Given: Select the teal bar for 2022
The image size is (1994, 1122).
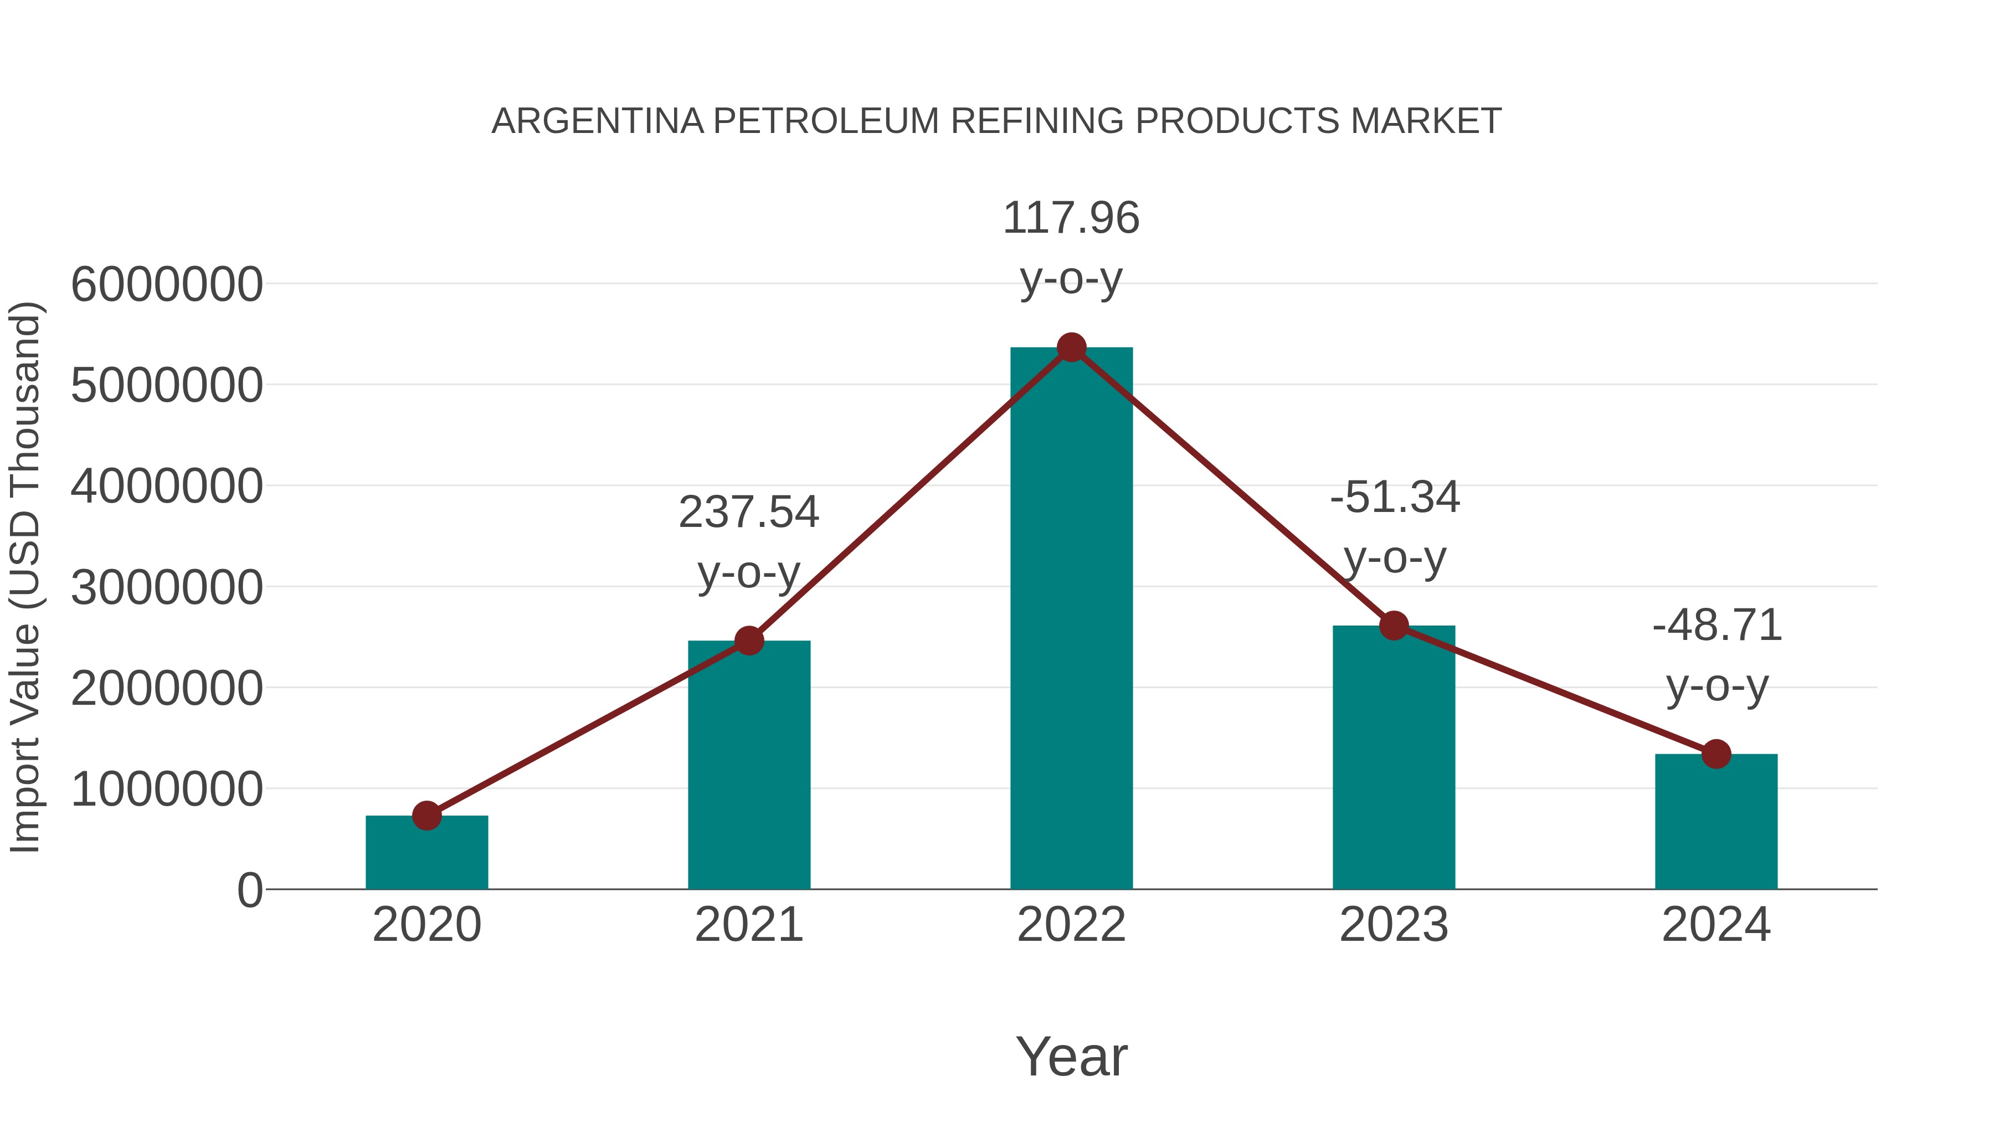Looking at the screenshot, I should click(x=1071, y=619).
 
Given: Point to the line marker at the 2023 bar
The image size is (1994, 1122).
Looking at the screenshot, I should click(x=1394, y=625).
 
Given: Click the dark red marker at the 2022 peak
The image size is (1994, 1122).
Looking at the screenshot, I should click(x=1071, y=347).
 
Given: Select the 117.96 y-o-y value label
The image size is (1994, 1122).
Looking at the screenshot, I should click(x=1071, y=218).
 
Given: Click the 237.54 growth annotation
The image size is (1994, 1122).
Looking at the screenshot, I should click(x=748, y=512).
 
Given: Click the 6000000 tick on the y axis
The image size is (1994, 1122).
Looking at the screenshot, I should click(x=166, y=284).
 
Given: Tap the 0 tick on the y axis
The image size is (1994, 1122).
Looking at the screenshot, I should click(x=250, y=890).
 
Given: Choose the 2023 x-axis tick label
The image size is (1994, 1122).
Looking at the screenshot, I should click(x=1394, y=925).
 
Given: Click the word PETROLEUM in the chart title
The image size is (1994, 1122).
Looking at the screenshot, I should click(x=825, y=121).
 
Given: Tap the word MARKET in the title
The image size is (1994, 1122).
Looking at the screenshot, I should click(x=1426, y=121).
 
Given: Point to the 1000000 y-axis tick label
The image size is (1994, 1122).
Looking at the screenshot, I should click(x=166, y=789).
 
